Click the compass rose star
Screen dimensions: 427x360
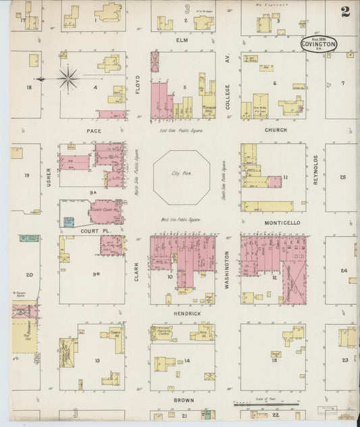68,78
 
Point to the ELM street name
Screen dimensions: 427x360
182,40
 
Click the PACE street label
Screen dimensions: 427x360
93,130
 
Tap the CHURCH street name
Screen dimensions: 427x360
276,130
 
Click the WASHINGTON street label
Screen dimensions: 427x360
228,270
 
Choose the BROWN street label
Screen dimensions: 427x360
183,400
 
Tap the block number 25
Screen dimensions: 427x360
342,177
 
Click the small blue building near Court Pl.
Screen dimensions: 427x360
69,221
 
